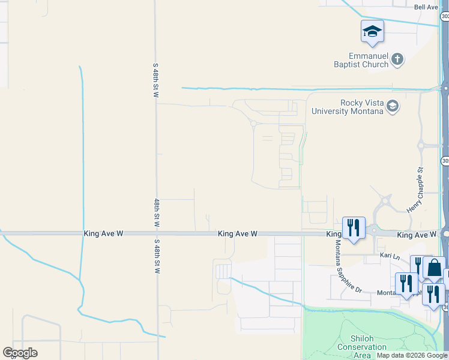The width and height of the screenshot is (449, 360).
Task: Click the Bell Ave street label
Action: [x=427, y=7]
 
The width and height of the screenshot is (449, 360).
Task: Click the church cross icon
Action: [x=397, y=59]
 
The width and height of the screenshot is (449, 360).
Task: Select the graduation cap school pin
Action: [x=372, y=32]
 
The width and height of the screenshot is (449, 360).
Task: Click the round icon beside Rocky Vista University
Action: [x=392, y=107]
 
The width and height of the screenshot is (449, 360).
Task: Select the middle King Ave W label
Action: [x=238, y=233]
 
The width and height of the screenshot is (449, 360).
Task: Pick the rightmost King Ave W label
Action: [x=417, y=235]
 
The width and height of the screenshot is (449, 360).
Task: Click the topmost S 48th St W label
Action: [x=155, y=80]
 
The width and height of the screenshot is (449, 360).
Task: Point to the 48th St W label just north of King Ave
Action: [x=156, y=212]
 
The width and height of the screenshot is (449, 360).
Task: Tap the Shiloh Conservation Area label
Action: [x=362, y=346]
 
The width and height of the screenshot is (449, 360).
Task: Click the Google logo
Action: [x=20, y=353]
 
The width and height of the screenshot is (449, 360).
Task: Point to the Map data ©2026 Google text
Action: [x=412, y=355]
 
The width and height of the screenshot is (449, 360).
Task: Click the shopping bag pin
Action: [x=434, y=268]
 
